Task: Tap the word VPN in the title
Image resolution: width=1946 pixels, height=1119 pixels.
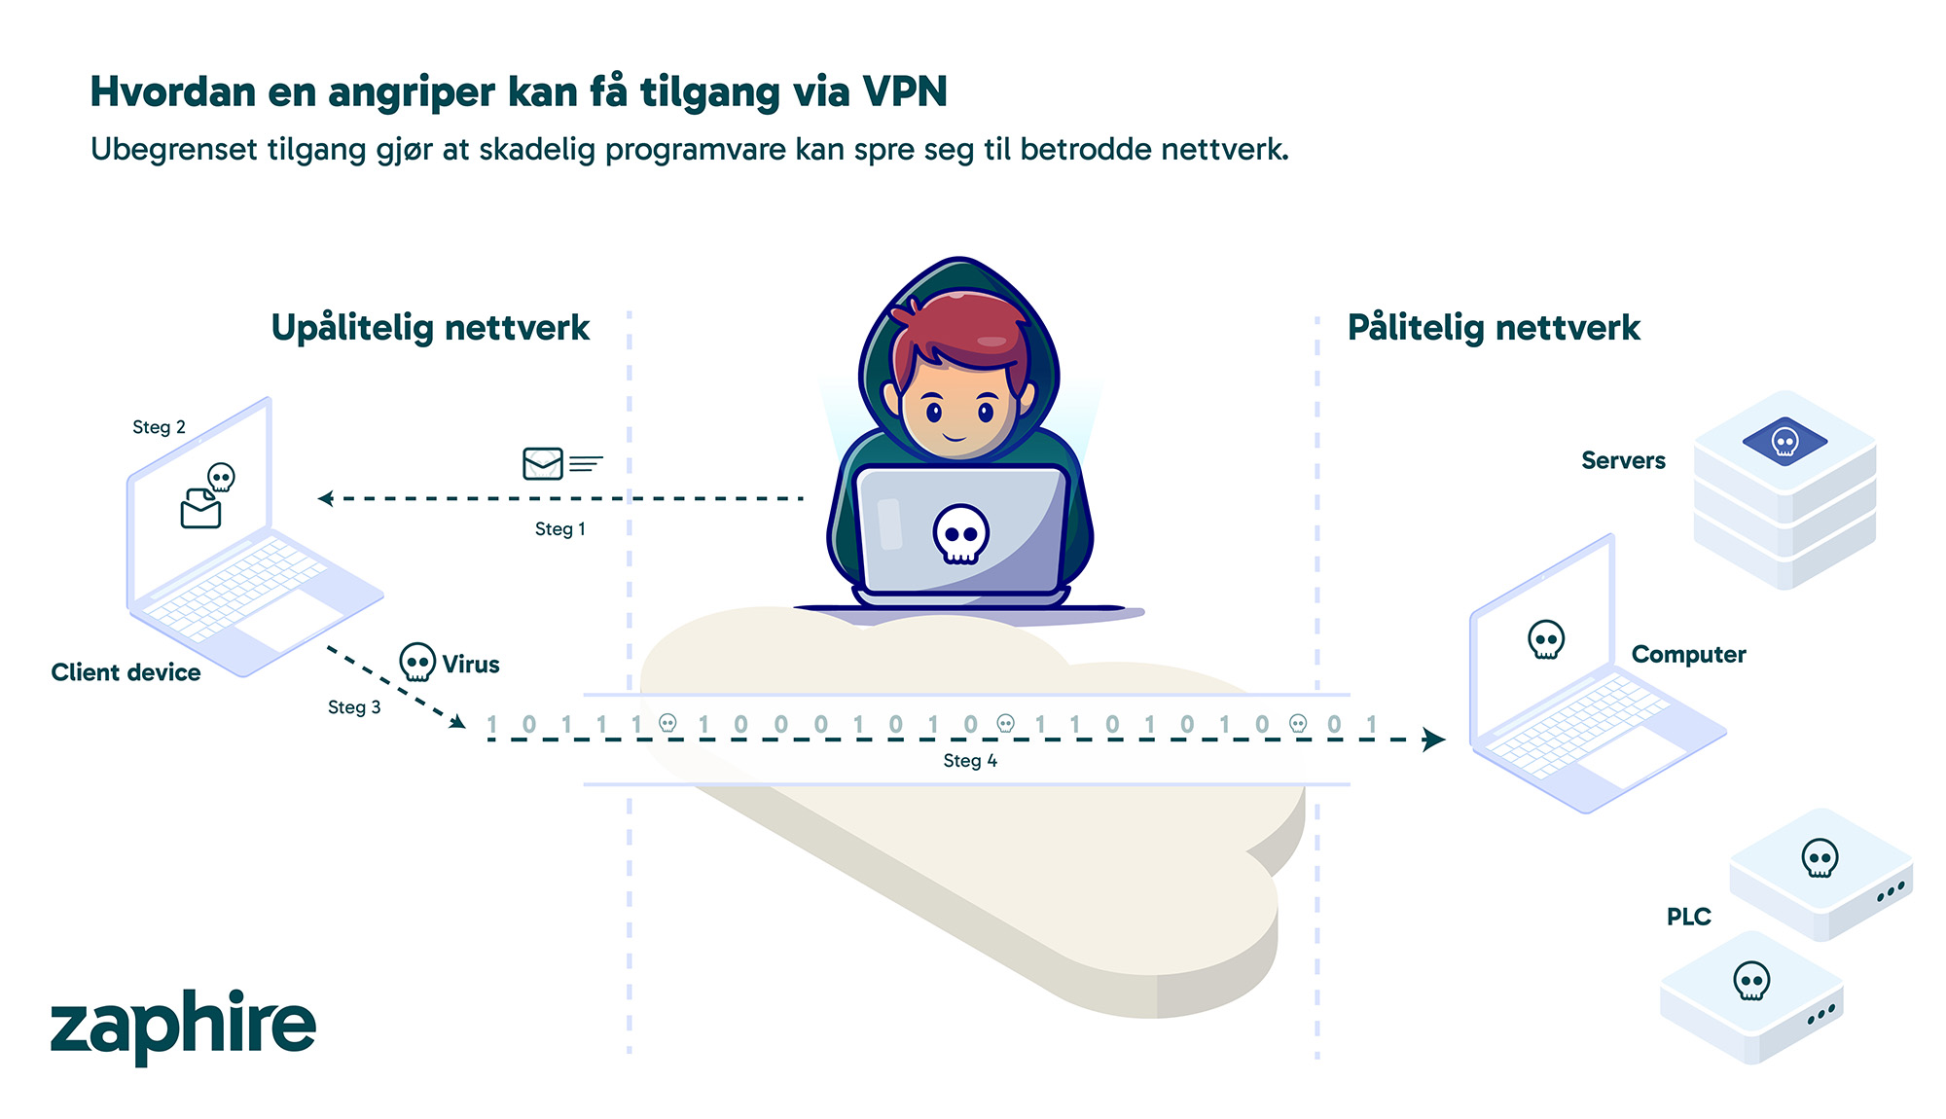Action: (905, 92)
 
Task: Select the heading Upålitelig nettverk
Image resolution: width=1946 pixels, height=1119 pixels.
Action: (430, 328)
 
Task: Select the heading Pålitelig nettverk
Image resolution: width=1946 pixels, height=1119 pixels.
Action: (1494, 328)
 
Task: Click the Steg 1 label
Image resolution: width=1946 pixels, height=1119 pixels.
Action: (560, 529)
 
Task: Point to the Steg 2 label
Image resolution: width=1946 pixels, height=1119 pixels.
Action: (159, 427)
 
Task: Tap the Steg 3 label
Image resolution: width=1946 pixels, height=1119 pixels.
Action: (354, 707)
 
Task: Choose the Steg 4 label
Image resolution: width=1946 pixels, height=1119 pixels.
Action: (970, 761)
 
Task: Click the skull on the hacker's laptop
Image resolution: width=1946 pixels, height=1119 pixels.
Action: (961, 533)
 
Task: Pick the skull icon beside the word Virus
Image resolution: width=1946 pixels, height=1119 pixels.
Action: (417, 663)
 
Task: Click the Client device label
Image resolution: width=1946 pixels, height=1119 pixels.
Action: (126, 672)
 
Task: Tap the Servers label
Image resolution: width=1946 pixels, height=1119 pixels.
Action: (1623, 460)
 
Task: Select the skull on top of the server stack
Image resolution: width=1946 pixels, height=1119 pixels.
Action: (1784, 442)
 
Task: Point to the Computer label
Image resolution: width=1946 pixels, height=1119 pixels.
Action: (1688, 655)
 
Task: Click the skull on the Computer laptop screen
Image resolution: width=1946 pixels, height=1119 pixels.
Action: (1546, 640)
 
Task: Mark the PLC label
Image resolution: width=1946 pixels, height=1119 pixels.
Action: (1688, 917)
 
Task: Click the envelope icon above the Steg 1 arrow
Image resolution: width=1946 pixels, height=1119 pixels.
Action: (543, 463)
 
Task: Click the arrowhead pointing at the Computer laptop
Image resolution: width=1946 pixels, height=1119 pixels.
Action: (1433, 740)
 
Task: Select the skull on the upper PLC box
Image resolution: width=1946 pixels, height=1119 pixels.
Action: (1820, 858)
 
